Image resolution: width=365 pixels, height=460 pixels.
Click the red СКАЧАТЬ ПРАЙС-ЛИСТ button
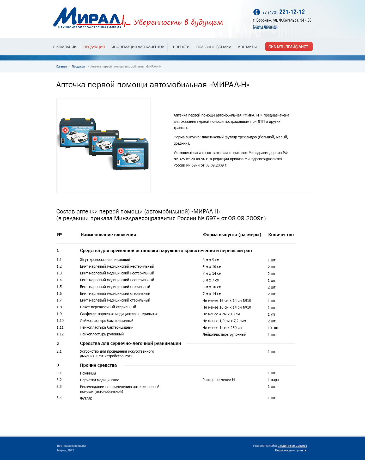(x=289, y=47)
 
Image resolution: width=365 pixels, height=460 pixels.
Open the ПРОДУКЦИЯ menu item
(x=94, y=47)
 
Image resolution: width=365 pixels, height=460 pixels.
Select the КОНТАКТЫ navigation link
(x=247, y=47)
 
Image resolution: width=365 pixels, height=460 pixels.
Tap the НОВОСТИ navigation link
(x=181, y=47)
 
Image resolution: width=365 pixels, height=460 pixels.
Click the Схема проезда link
(x=265, y=27)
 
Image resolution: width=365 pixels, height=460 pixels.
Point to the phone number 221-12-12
(x=292, y=12)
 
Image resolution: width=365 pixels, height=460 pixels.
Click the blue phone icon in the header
(x=257, y=12)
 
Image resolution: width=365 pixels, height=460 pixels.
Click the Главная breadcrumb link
(x=62, y=67)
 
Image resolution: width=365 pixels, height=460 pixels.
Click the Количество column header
(x=281, y=235)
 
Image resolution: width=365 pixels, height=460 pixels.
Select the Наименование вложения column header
(x=108, y=235)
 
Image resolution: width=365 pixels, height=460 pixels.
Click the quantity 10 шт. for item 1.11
(x=273, y=328)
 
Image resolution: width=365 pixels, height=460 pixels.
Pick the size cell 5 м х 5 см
(x=211, y=260)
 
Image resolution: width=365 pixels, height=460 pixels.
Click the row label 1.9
(x=59, y=314)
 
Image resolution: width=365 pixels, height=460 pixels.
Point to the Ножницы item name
(x=88, y=373)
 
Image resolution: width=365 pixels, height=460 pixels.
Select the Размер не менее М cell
(x=218, y=380)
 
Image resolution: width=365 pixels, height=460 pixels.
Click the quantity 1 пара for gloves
(x=273, y=380)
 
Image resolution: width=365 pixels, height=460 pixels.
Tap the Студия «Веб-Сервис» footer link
(x=292, y=446)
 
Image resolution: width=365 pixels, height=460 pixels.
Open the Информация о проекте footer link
(x=290, y=450)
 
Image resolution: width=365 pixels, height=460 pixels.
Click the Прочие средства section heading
(x=98, y=365)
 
